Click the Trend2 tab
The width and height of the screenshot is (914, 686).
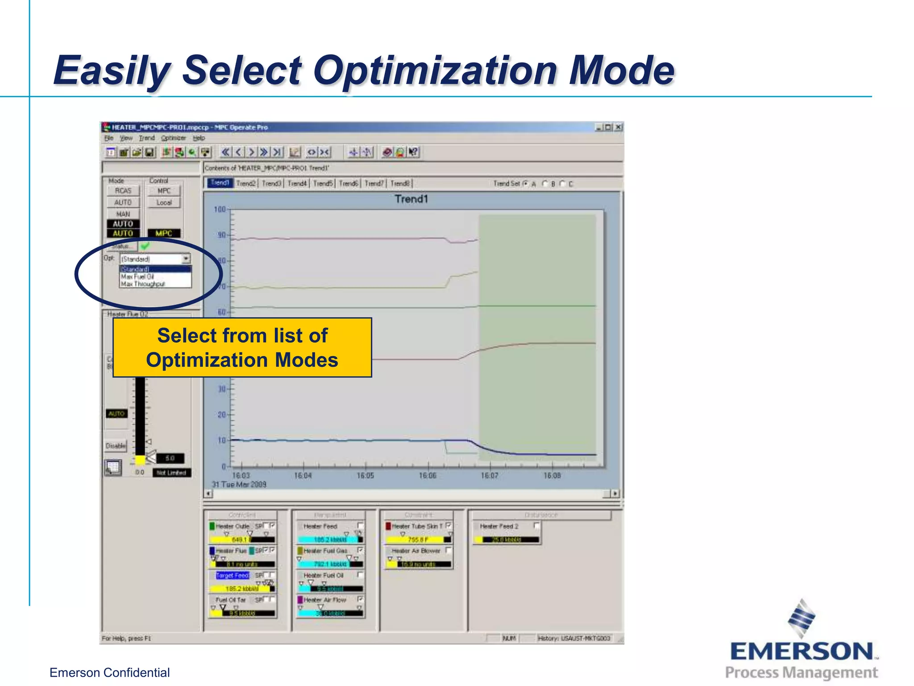click(246, 184)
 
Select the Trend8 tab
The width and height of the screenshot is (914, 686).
click(400, 184)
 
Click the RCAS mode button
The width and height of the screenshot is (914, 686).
click(123, 191)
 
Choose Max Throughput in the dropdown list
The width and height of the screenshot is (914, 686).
click(143, 284)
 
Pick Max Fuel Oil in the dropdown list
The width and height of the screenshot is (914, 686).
click(137, 277)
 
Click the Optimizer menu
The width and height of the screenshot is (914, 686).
click(173, 138)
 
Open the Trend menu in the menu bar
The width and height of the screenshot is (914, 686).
click(146, 138)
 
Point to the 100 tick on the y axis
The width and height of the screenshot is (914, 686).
click(220, 209)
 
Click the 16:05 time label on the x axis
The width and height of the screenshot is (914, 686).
click(365, 476)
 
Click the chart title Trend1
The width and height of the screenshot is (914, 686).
click(411, 199)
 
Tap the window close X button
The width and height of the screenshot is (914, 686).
click(618, 127)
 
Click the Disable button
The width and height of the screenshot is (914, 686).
click(116, 446)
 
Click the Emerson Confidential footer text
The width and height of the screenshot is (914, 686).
click(109, 673)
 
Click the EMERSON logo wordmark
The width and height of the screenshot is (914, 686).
click(802, 651)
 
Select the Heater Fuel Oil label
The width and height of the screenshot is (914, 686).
click(324, 575)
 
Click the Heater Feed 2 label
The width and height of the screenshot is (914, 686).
click(499, 527)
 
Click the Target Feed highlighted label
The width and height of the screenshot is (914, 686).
click(232, 575)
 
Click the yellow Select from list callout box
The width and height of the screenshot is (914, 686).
click(242, 347)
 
